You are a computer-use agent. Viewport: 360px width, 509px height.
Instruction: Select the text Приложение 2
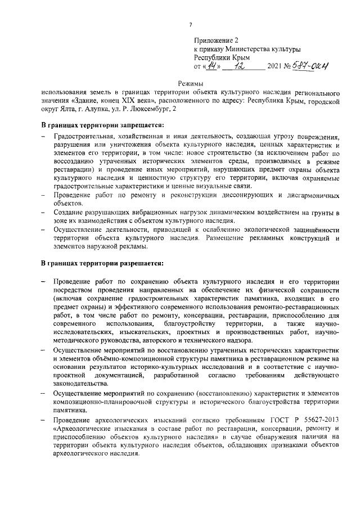click(217, 40)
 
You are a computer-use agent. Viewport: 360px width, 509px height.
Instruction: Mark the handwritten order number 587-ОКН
click(309, 66)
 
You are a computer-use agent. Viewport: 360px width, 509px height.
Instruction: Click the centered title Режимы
click(190, 83)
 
